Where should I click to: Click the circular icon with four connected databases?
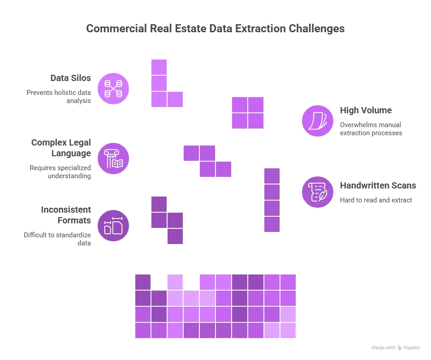tap(113, 89)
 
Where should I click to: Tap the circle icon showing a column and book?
tap(113, 159)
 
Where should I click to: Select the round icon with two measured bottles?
tap(113, 226)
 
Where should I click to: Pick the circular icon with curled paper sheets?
tap(318, 120)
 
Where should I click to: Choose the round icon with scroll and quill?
tap(318, 192)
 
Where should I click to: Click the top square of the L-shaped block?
tap(159, 67)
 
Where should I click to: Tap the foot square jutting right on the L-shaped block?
tap(175, 99)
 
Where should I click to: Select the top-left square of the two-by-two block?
tap(239, 104)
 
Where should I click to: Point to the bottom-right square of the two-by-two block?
tap(256, 120)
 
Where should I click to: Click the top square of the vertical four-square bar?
tap(272, 176)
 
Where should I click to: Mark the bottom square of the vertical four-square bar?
tap(272, 224)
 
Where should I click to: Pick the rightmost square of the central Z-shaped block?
tap(224, 169)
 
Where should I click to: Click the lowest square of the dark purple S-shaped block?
tap(175, 236)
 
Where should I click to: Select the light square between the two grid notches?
tap(175, 282)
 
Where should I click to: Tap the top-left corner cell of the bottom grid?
tap(142, 282)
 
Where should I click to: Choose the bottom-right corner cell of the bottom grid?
tap(288, 330)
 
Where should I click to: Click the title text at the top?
tap(215, 28)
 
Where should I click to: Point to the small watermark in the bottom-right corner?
tap(396, 347)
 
